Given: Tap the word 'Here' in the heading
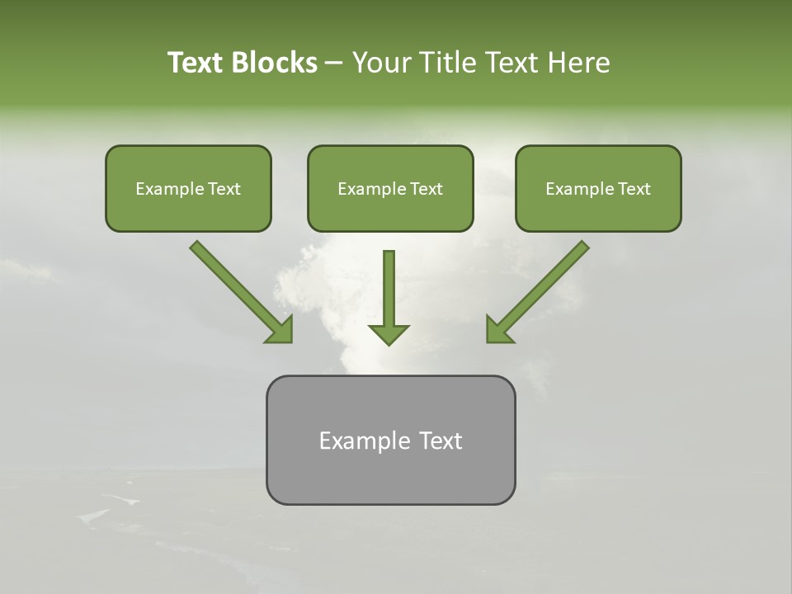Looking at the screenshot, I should [x=578, y=63].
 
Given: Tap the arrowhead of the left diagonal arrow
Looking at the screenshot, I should [x=280, y=330].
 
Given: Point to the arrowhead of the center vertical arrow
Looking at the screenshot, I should [x=389, y=334].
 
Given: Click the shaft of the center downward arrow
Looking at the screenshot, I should [x=389, y=285].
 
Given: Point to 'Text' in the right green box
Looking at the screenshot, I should [x=634, y=189].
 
